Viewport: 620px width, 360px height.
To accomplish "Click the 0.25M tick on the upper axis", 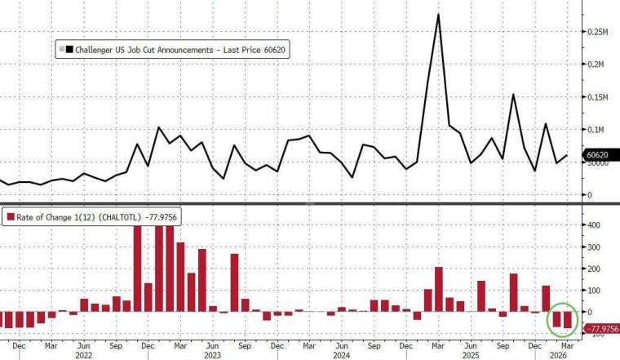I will coord(601,32).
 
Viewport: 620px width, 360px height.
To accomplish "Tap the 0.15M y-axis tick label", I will coord(601,97).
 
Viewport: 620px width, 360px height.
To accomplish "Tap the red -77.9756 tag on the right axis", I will coord(601,328).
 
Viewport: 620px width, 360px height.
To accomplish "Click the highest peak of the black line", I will coord(439,14).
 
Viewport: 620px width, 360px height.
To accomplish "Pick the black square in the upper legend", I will coord(70,51).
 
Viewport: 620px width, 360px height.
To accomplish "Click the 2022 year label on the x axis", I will coord(85,355).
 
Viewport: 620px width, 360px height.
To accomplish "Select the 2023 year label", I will coord(212,355).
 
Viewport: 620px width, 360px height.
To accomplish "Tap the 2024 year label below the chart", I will coord(339,355).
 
